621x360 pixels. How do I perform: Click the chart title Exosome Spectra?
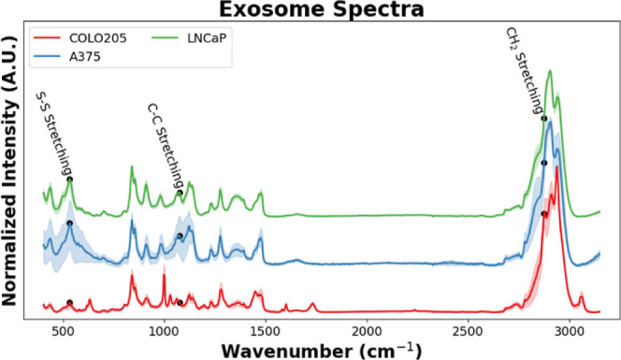[319, 10]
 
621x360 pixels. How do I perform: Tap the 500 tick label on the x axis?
[63, 329]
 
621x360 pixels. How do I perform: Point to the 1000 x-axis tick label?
[164, 329]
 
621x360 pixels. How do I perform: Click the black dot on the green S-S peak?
[69, 180]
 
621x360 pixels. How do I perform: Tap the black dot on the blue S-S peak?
[69, 223]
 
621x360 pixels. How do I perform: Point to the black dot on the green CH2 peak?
[544, 119]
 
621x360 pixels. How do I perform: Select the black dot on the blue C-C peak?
[180, 237]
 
